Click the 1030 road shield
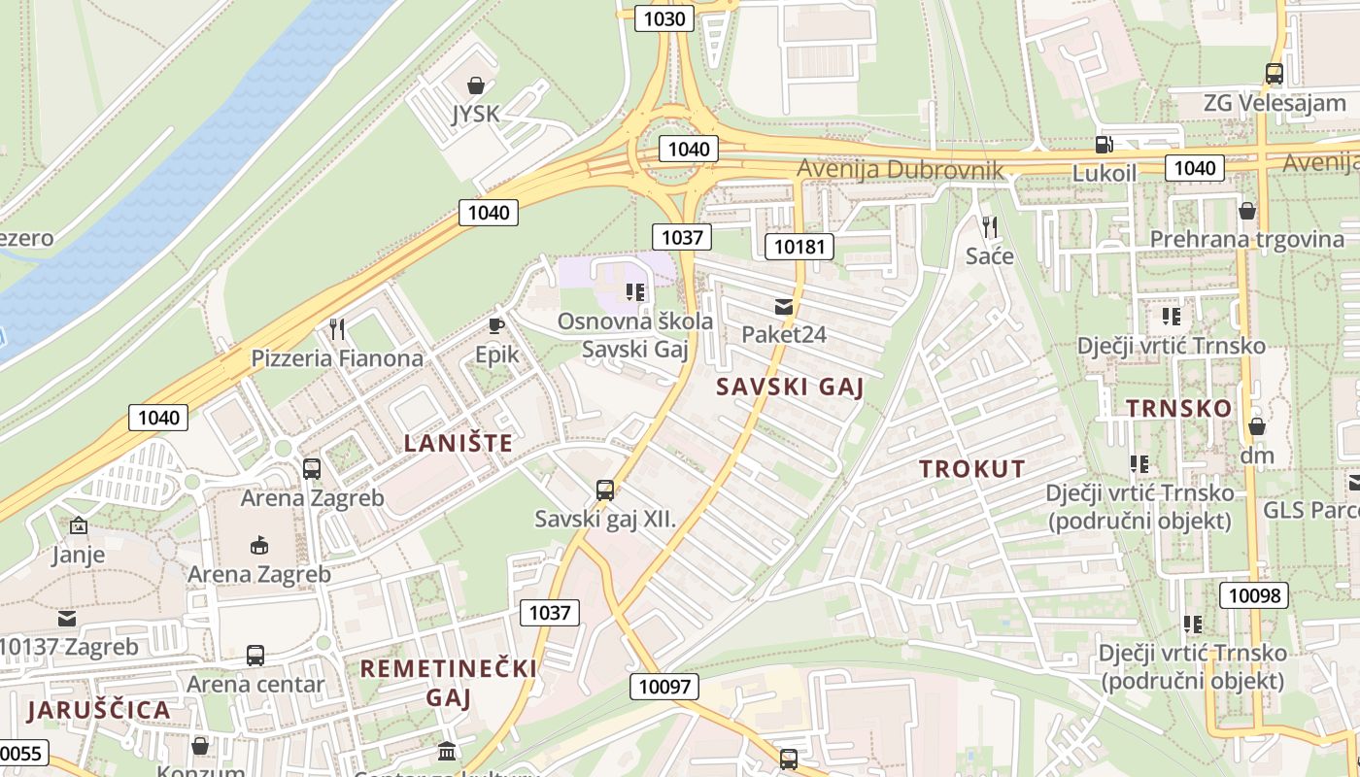click(664, 18)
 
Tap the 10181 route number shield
click(799, 247)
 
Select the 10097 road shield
click(664, 687)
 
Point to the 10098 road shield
click(1254, 595)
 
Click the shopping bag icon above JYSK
click(476, 86)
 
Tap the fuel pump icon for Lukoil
click(1104, 145)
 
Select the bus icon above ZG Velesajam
click(1274, 73)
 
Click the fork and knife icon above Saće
click(990, 227)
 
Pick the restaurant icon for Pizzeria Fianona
click(337, 329)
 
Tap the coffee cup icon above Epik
click(496, 326)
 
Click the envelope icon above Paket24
click(783, 307)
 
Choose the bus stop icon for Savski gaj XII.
click(604, 490)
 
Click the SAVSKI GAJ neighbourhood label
click(789, 387)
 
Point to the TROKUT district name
click(972, 468)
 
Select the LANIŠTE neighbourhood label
click(458, 444)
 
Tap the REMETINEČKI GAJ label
click(448, 683)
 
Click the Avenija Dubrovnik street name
click(901, 170)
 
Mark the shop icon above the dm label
click(1256, 426)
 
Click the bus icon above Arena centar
click(255, 656)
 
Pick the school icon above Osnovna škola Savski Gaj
click(635, 291)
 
